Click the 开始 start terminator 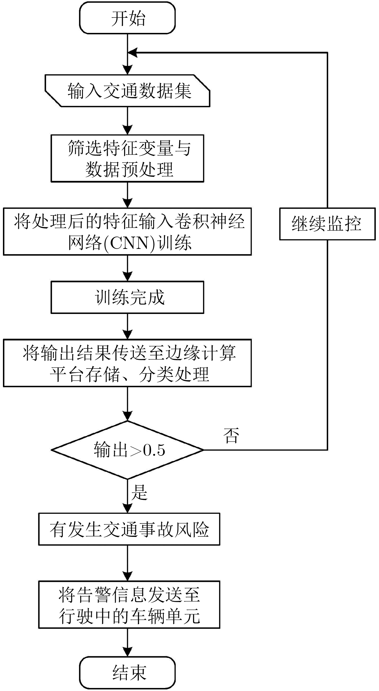(127, 18)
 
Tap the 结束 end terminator (127, 673)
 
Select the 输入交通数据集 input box (128, 91)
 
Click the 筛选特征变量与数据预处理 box (127, 158)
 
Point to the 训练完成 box (127, 297)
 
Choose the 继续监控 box (327, 224)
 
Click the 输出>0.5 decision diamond (127, 450)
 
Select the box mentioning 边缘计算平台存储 (127, 363)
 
